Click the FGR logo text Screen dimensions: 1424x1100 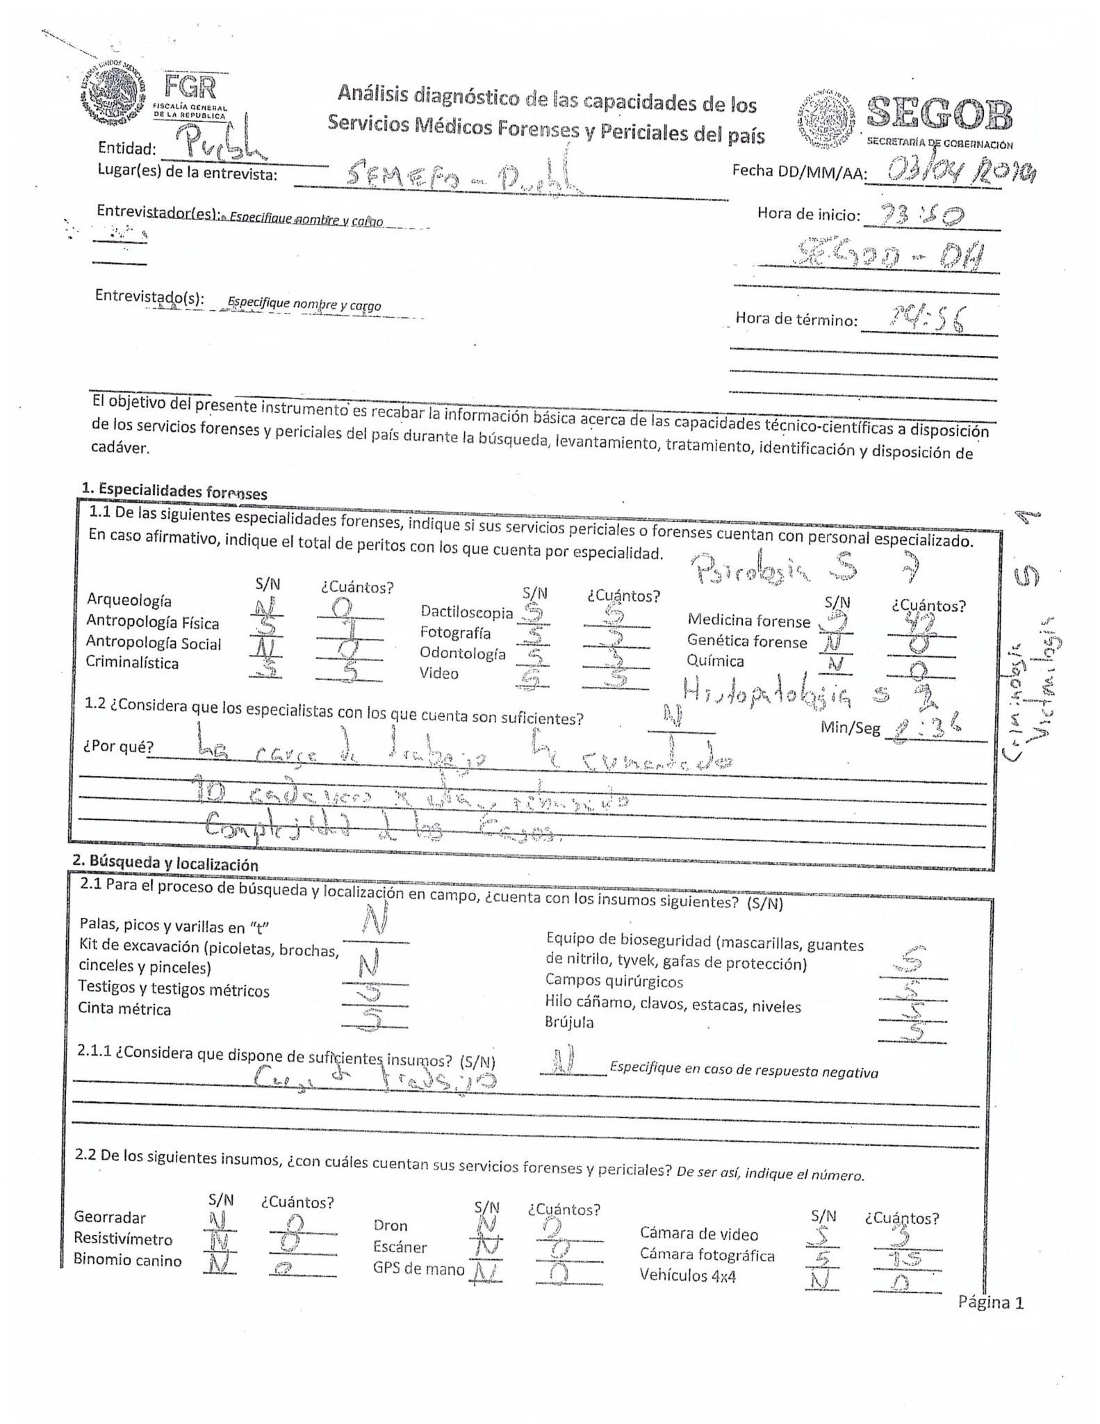[190, 88]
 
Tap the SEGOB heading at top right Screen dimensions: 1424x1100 [939, 113]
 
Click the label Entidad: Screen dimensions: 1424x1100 [127, 147]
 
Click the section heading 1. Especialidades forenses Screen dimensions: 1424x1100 [174, 490]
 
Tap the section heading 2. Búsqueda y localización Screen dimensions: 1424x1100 [165, 863]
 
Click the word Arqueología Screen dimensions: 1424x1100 [129, 600]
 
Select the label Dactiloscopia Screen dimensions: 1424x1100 [466, 612]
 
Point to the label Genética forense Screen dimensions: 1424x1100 [747, 641]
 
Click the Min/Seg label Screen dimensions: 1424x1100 [850, 728]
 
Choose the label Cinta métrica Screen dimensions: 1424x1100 [124, 1009]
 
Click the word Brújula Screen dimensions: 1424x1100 [569, 1022]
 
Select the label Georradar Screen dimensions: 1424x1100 [110, 1217]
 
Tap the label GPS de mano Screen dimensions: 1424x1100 [418, 1268]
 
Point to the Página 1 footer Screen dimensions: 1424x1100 [990, 1302]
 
